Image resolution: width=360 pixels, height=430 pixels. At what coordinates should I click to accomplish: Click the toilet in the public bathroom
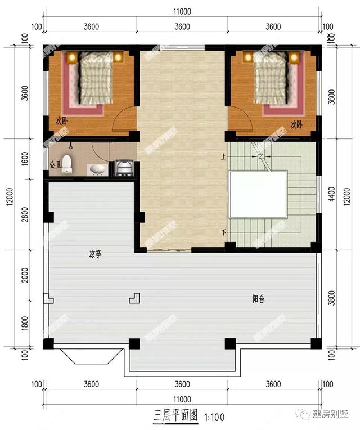click(x=67, y=163)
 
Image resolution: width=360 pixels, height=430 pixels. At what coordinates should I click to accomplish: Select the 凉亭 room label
click(x=94, y=254)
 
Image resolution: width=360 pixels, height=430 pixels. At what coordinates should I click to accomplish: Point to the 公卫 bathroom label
click(x=55, y=165)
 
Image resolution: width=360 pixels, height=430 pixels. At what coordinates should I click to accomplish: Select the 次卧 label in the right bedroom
click(x=296, y=124)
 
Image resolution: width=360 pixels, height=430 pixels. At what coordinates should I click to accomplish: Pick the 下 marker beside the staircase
click(x=224, y=232)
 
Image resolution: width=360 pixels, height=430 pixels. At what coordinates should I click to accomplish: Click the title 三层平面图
click(x=175, y=416)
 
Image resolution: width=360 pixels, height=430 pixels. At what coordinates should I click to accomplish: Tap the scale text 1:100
click(x=215, y=418)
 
